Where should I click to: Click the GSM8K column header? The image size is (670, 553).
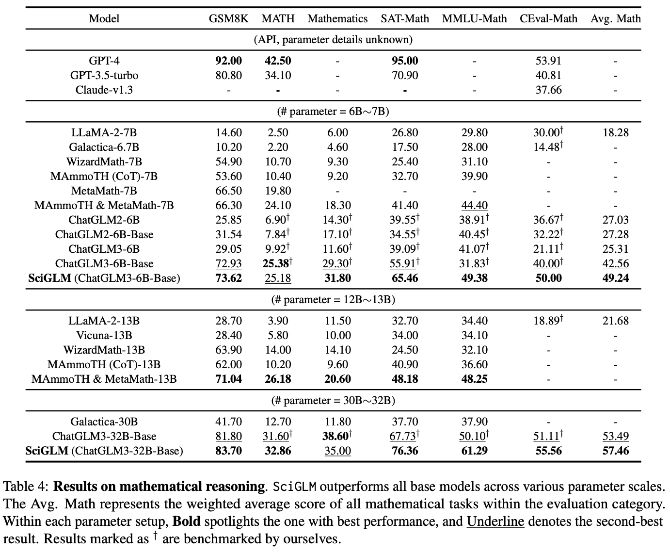228,19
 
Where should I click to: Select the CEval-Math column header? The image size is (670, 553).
548,19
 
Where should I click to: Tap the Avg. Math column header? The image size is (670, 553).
615,19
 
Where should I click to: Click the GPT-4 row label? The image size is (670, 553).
104,61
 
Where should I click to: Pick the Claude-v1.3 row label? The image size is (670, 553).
104,90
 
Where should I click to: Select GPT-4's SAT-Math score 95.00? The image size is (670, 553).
405,61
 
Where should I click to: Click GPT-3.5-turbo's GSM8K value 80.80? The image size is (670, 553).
228,75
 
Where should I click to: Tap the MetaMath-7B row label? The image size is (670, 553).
104,191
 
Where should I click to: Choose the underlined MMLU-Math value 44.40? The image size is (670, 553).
474,205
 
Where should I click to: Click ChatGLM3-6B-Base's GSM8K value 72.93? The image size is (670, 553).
228,263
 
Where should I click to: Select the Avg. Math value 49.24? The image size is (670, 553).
615,278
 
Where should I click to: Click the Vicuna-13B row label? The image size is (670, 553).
104,335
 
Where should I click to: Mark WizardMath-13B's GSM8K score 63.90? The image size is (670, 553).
228,350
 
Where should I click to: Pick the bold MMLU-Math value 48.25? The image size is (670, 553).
474,379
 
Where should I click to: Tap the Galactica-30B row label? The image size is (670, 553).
104,422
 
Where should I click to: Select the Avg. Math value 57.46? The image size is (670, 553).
615,451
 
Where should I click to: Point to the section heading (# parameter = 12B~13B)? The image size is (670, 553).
333,300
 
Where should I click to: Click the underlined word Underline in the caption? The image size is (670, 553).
495,522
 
